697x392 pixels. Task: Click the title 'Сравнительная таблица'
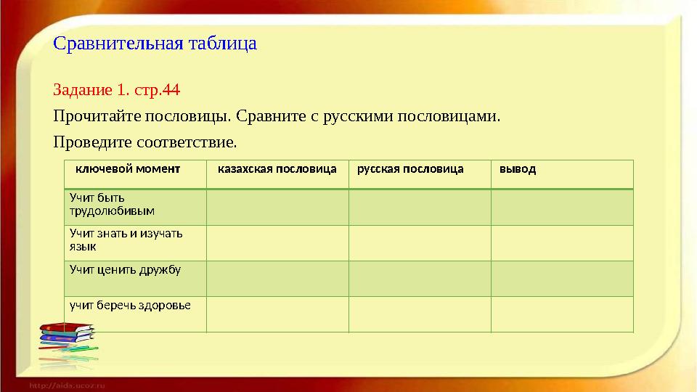coord(155,44)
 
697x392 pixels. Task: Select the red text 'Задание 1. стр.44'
coord(116,91)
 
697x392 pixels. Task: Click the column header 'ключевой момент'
coord(128,169)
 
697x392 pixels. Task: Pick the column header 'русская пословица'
coord(409,169)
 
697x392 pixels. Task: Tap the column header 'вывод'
coord(518,169)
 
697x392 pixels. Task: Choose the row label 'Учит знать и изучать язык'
coord(125,240)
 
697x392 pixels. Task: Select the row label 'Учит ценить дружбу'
coord(124,269)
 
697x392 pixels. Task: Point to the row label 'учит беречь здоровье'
coord(129,305)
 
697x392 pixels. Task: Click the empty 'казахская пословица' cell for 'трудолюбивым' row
coord(277,208)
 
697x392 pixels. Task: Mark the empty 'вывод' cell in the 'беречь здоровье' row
coord(562,314)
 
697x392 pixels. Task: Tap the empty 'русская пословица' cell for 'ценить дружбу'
coord(420,279)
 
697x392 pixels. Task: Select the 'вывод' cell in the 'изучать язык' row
coord(562,243)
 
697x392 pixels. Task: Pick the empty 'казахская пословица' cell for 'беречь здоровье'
coord(277,314)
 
